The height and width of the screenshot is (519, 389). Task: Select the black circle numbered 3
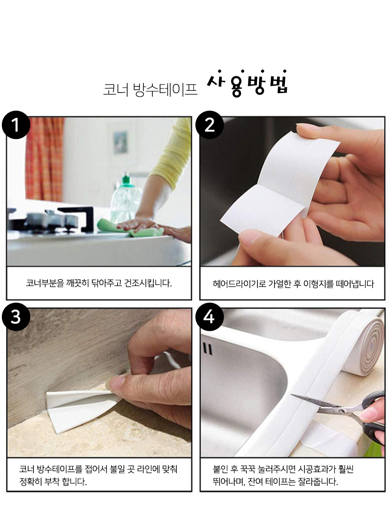click(16, 317)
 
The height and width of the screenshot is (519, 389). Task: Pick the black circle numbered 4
click(209, 317)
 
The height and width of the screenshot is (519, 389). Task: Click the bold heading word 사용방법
click(247, 84)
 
